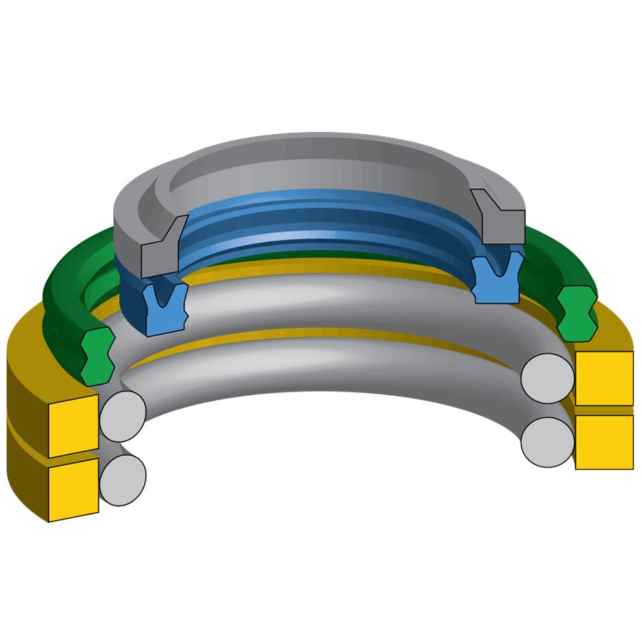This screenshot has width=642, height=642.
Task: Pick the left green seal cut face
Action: click(x=95, y=357)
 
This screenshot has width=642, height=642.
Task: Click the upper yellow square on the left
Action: click(x=73, y=425)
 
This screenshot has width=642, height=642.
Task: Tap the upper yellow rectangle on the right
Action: click(x=603, y=378)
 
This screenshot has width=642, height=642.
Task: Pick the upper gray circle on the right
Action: click(x=547, y=377)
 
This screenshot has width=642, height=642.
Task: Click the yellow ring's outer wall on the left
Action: click(x=25, y=428)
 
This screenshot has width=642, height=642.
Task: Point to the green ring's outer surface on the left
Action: click(x=61, y=300)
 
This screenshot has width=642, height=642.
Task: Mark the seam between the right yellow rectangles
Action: click(x=603, y=410)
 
